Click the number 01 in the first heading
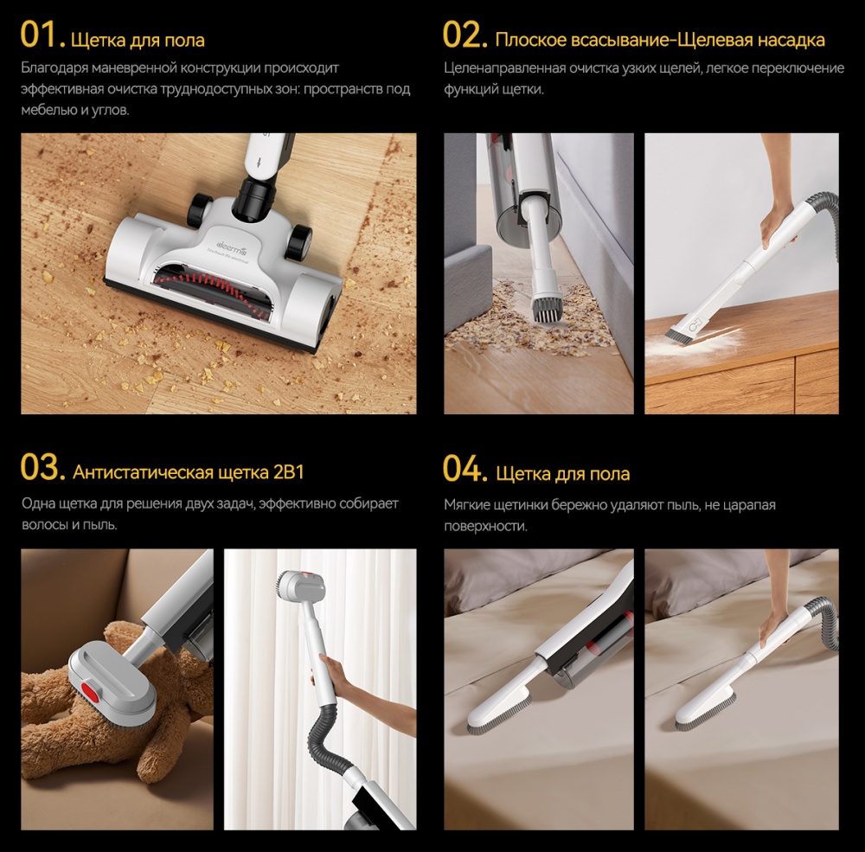tap(39, 35)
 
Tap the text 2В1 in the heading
tap(289, 472)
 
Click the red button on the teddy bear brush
tap(89, 689)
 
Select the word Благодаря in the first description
tap(54, 68)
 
